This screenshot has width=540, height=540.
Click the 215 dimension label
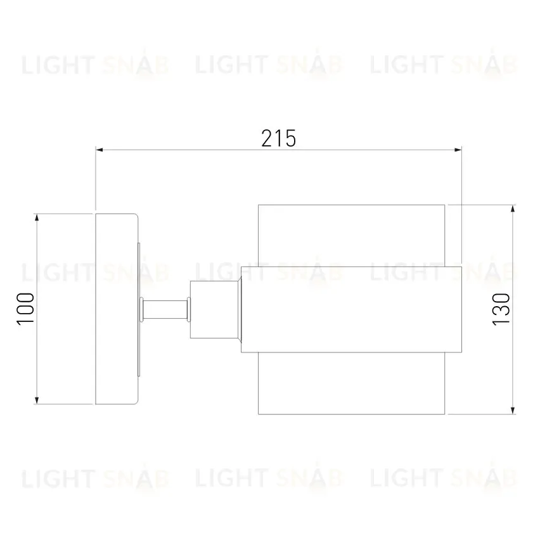279,138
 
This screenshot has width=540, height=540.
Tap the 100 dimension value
26,309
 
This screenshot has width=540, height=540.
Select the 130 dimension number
501,309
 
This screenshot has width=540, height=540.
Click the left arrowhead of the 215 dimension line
100,150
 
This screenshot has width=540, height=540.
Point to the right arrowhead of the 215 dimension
458,150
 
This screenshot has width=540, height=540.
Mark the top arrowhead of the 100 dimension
37,217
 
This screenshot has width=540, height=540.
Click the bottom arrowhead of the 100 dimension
37,400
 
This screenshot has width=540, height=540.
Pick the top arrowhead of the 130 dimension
513,209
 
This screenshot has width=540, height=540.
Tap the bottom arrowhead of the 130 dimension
513,410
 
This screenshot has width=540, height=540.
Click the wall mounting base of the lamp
117,309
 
